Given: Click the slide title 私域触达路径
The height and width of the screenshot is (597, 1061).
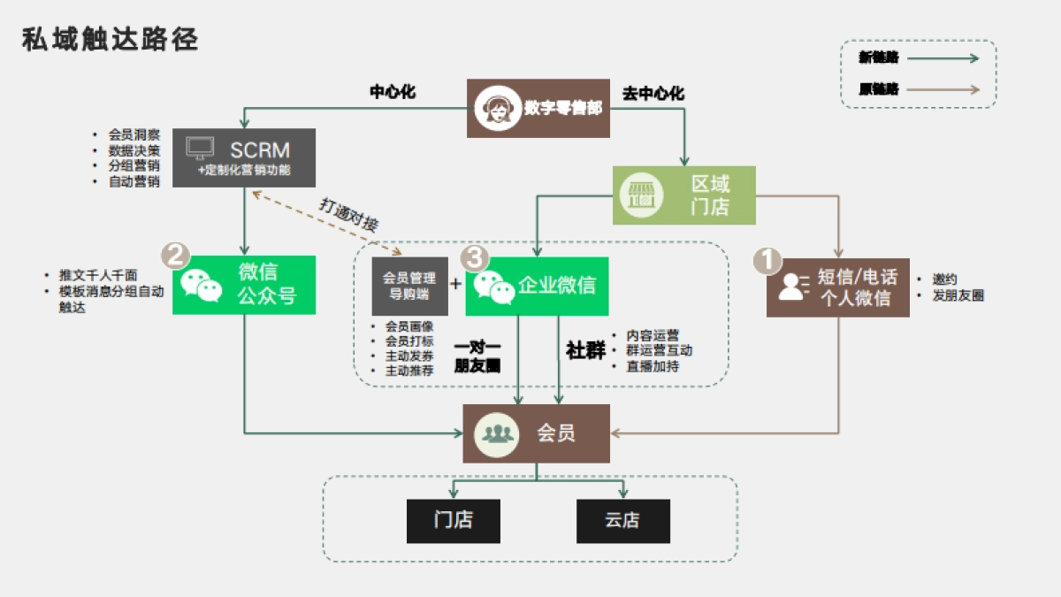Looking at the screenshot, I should (111, 40).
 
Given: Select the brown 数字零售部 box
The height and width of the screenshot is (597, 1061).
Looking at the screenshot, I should (538, 108).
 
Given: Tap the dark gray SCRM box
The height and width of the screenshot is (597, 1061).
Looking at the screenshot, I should (243, 157).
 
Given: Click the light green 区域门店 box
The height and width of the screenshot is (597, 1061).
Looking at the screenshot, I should (684, 195).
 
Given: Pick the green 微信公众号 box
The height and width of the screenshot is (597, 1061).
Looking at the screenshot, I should (243, 285).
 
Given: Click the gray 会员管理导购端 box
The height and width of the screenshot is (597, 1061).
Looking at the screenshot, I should (409, 285).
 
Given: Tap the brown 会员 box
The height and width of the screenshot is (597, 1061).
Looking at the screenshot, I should (536, 433).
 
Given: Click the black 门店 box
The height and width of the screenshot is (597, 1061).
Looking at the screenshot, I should (453, 521).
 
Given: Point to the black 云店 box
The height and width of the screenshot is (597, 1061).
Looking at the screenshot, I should (622, 521).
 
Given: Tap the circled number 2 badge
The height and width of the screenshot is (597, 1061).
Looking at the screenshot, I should (175, 256).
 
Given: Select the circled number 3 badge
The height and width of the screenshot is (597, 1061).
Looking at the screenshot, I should (475, 257).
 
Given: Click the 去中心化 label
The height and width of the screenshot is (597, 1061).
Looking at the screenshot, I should (653, 93).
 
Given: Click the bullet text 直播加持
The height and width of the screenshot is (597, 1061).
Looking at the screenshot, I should (653, 366).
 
